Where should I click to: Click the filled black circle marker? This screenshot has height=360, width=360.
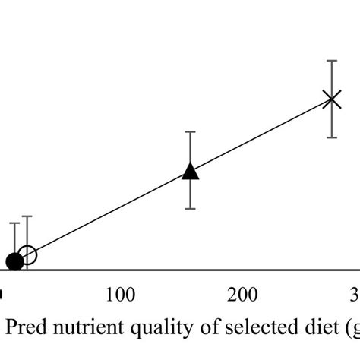coord(14,261)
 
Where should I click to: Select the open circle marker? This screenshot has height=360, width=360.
coord(27,255)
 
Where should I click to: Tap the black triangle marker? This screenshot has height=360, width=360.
coord(191,171)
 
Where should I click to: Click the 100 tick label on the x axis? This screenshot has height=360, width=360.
coord(119,294)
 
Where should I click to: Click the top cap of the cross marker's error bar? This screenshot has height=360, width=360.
coord(331,60)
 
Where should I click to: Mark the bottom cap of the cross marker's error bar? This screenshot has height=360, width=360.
coord(331,137)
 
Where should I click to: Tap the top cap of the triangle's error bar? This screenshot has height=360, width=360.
coord(191,132)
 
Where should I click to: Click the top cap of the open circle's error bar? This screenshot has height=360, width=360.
coord(27,216)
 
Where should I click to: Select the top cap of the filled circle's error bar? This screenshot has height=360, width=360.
coord(14,223)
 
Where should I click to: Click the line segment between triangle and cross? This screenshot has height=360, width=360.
coord(261,134)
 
